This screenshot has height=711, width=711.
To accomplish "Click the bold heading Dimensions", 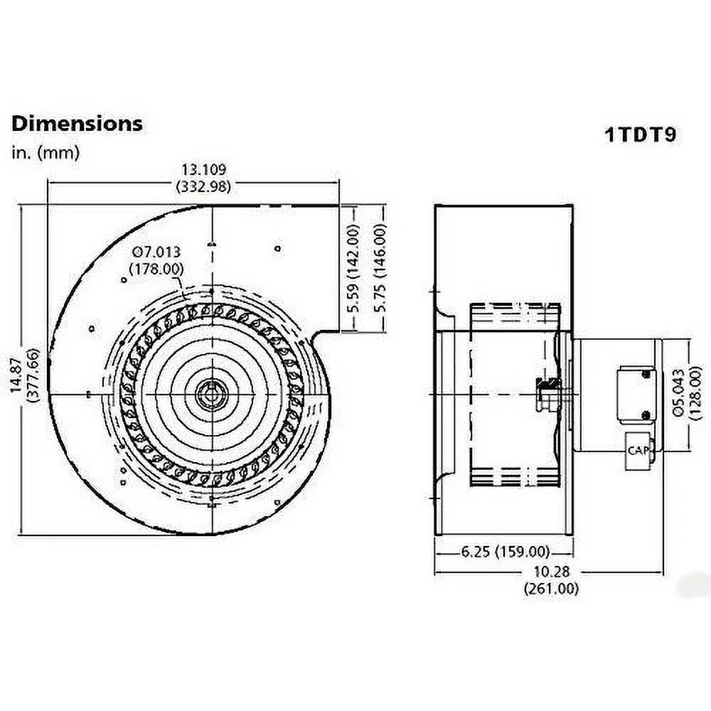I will (x=77, y=123).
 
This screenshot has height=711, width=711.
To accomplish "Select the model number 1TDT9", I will (x=639, y=135).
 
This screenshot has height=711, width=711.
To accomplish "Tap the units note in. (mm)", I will (x=46, y=152).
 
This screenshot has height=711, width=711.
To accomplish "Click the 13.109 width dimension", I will (x=203, y=170).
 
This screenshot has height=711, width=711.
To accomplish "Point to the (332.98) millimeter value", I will (x=203, y=187).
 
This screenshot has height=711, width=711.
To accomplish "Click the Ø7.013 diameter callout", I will (x=156, y=252).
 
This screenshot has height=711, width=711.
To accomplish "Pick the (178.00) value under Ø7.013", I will (x=156, y=268).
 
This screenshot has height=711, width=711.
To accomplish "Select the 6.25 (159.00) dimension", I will (x=504, y=552).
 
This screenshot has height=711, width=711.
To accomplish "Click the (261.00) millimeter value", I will (x=551, y=589).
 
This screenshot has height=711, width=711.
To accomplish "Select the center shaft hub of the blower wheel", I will (x=212, y=393).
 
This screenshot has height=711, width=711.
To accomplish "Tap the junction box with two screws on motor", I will (x=636, y=395).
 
